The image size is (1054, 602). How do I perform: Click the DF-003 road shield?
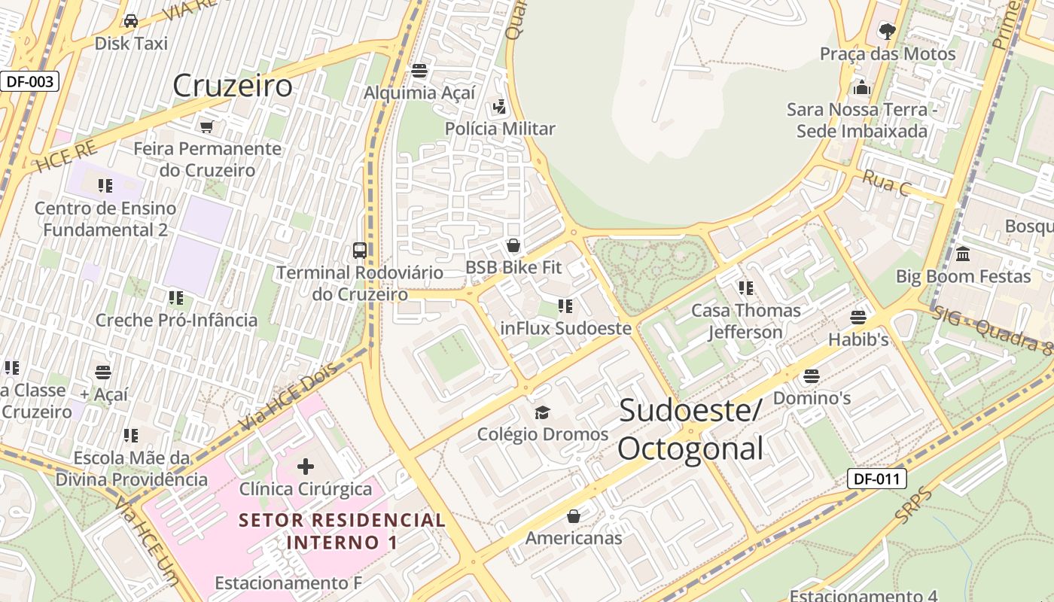click(x=29, y=81)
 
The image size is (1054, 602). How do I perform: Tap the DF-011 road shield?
click(x=876, y=479)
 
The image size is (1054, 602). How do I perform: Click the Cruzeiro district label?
click(x=232, y=86)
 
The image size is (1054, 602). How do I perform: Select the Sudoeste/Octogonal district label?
click(x=691, y=430)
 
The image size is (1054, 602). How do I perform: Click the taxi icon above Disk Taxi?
click(x=131, y=20)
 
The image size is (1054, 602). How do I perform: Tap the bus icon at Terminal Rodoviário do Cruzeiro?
click(x=360, y=250)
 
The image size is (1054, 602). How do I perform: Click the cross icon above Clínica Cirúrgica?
click(x=306, y=467)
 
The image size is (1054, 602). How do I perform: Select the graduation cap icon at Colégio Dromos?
click(x=542, y=412)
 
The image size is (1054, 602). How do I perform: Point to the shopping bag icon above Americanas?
click(x=574, y=516)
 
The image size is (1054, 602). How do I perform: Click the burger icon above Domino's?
click(x=812, y=375)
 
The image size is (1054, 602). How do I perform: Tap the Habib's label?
click(x=858, y=339)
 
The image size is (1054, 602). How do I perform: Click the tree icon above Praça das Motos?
click(x=887, y=31)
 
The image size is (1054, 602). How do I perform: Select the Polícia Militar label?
click(x=500, y=129)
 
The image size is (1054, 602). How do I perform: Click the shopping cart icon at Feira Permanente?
click(x=207, y=126)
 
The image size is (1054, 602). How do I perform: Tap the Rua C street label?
click(x=885, y=183)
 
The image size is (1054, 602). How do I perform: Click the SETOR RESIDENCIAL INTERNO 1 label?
click(x=343, y=531)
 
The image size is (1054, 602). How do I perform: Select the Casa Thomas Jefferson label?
click(x=746, y=321)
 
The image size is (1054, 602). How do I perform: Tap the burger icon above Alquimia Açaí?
click(x=419, y=71)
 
